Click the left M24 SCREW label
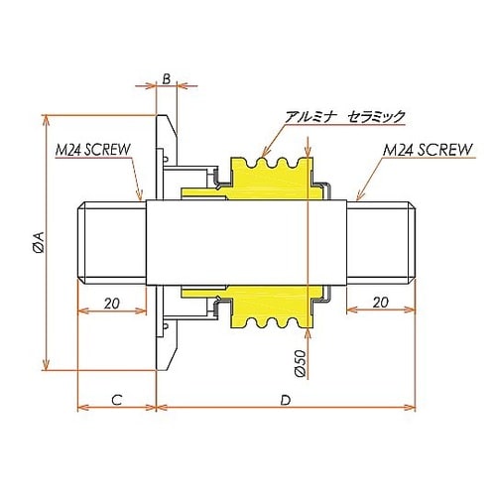(x=97, y=152)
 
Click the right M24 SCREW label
(x=428, y=152)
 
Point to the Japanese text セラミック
(x=376, y=116)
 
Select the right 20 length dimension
(x=381, y=303)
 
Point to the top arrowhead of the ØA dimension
(x=45, y=115)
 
